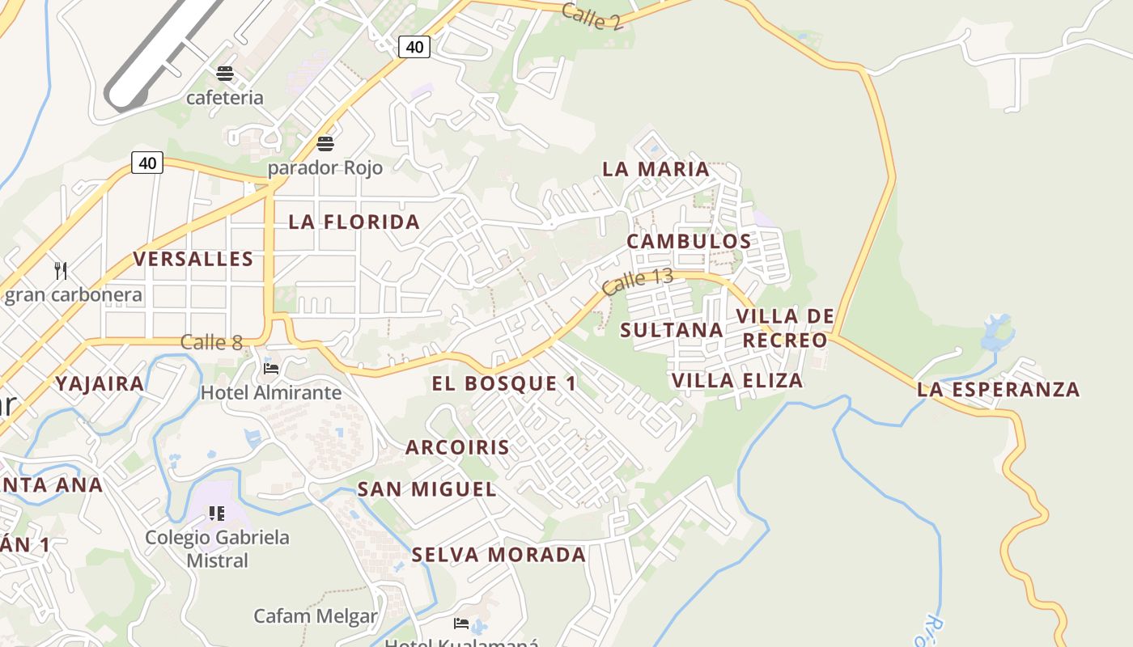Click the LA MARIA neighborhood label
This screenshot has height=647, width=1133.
(x=656, y=169)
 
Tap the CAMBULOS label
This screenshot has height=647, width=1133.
(x=689, y=241)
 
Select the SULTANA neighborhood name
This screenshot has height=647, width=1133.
(x=672, y=329)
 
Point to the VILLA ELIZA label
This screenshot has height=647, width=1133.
(x=737, y=380)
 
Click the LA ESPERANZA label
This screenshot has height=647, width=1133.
(x=998, y=389)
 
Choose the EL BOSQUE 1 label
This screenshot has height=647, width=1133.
(x=504, y=383)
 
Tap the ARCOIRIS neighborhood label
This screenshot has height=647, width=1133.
(x=457, y=447)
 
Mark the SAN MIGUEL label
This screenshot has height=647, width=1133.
(x=426, y=489)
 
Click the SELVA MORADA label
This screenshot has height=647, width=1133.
(x=499, y=555)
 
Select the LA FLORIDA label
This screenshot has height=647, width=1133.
(x=354, y=222)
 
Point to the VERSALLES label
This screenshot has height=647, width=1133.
(x=193, y=259)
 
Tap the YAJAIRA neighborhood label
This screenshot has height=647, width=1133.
(x=100, y=383)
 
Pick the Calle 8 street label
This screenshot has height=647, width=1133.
(x=211, y=342)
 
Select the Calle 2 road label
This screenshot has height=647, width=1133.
(x=592, y=16)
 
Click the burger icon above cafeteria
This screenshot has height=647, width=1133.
(x=225, y=74)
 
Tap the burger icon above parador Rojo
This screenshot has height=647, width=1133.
(x=325, y=144)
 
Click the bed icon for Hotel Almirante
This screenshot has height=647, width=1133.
(x=271, y=369)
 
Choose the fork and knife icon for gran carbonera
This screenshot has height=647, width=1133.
(x=60, y=270)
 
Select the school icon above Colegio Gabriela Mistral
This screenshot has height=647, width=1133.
(x=216, y=513)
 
